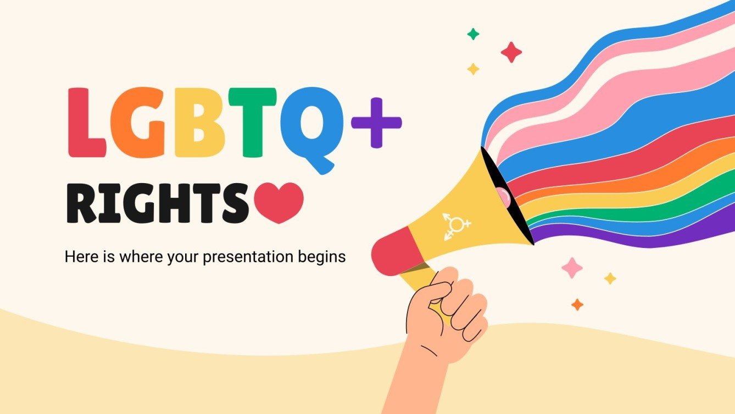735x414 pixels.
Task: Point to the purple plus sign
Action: (x=376, y=123)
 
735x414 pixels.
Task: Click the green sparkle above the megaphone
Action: (x=473, y=34)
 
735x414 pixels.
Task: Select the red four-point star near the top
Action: (x=511, y=52)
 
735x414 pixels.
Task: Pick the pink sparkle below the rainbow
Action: (x=572, y=267)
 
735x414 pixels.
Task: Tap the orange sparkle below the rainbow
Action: (x=577, y=304)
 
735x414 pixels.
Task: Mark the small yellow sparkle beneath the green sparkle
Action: (x=473, y=69)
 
